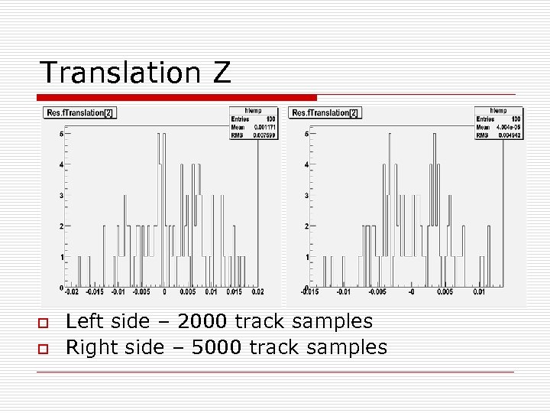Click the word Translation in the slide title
(114, 73)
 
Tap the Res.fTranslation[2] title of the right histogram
(325, 113)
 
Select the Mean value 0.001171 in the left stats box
(264, 127)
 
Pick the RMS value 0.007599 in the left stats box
(264, 135)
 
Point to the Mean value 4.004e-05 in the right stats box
(510, 127)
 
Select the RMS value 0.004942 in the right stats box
(510, 135)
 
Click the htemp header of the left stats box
(252, 110)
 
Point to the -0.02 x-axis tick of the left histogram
(71, 291)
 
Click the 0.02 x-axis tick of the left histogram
(257, 291)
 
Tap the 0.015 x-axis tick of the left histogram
(234, 291)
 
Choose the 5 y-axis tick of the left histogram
(61, 134)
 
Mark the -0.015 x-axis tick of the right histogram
(310, 291)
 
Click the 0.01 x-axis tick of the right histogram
(479, 291)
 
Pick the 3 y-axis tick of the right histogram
(306, 195)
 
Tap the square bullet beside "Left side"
(43, 324)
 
